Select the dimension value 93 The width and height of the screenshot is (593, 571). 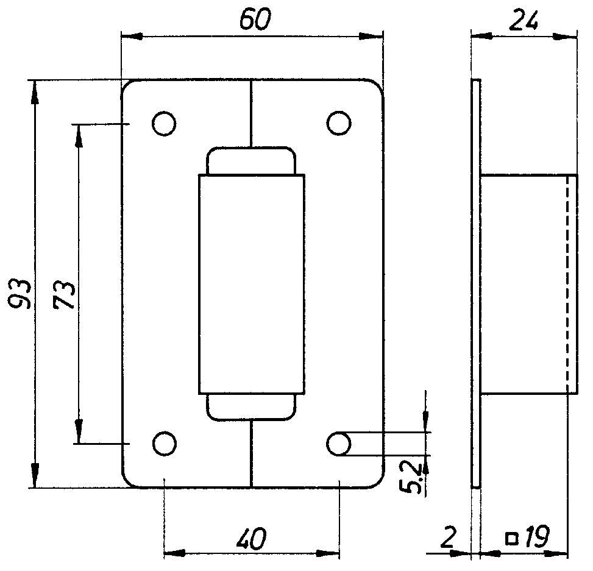pos(20,294)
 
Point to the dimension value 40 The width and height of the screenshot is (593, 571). pos(251,539)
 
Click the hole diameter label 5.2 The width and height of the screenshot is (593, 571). pos(410,478)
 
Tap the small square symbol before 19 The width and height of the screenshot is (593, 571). pos(512,539)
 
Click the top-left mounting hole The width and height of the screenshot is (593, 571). pos(164,123)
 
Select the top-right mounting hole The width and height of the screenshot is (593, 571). pos(339,123)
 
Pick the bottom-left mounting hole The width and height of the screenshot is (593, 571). pos(164,444)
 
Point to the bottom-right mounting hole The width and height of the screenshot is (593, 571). pos(339,444)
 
